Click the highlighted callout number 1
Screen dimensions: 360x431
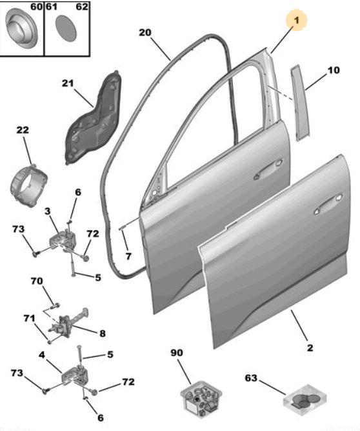tap(296, 20)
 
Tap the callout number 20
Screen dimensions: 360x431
tap(145, 32)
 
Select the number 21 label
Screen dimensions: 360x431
tap(68, 83)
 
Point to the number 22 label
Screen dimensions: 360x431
tap(23, 130)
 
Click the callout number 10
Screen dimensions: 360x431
tap(334, 70)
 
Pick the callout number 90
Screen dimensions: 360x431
tap(177, 352)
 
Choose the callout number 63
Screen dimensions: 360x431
tap(251, 378)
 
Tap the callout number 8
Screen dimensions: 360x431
tap(102, 334)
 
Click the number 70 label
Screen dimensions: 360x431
tap(37, 281)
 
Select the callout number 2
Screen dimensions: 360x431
tap(310, 348)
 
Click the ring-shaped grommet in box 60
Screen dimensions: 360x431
tap(21, 28)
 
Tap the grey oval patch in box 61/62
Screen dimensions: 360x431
tap(66, 28)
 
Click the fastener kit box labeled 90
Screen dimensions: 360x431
tap(201, 399)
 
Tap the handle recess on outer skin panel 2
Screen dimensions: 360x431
tap(328, 204)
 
